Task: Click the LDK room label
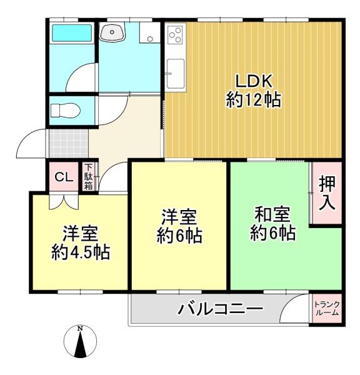click(254, 81)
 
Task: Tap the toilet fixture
click(65, 111)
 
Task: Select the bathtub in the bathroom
click(72, 33)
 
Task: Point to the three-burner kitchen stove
click(175, 35)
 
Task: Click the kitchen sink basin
click(176, 73)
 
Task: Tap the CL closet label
click(64, 177)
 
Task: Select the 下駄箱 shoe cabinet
click(88, 176)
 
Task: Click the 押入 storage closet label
click(327, 192)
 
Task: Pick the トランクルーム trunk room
click(327, 309)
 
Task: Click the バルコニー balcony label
click(220, 308)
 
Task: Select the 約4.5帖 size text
click(81, 252)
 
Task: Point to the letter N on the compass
click(80, 329)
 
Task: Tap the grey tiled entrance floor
click(69, 144)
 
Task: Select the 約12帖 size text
click(254, 100)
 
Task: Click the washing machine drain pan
click(150, 33)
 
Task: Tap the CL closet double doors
click(64, 202)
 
